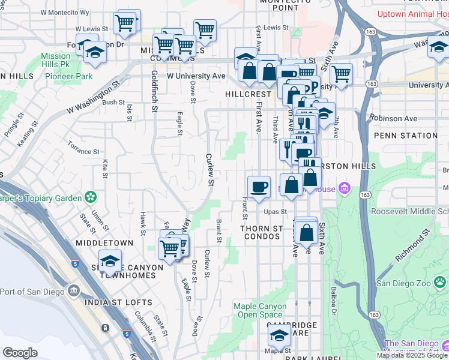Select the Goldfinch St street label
[154, 91]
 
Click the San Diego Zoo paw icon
[441, 280]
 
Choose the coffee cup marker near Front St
[259, 185]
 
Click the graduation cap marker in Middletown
[110, 260]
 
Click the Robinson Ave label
[393, 118]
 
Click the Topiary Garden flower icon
[90, 196]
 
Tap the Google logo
[20, 353]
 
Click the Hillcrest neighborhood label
[249, 94]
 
